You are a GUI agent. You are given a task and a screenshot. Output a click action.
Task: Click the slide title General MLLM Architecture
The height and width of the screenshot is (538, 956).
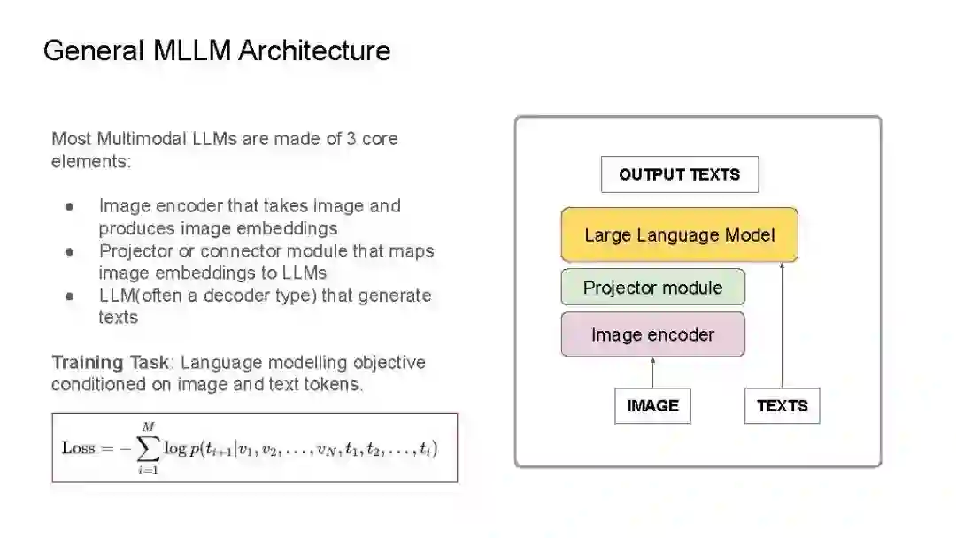tap(217, 50)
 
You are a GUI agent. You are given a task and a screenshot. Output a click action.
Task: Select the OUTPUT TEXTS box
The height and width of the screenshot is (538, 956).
tap(679, 174)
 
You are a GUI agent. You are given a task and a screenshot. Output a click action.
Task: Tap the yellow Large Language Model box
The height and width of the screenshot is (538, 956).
tap(679, 235)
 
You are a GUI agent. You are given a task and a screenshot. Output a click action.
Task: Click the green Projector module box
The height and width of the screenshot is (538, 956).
tap(652, 288)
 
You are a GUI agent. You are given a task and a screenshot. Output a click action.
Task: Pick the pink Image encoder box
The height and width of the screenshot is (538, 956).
tap(652, 334)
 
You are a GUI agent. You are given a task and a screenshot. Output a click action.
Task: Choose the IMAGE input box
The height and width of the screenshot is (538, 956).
tap(652, 406)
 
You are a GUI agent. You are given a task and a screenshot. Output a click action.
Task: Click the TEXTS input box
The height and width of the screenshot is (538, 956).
tap(782, 406)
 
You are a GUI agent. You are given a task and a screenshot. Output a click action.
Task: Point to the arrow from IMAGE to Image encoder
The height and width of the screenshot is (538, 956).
tap(652, 373)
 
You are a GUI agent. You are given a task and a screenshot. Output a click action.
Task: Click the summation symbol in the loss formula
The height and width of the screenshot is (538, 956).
tap(148, 449)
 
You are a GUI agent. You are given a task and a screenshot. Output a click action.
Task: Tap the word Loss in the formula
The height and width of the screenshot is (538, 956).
tap(78, 448)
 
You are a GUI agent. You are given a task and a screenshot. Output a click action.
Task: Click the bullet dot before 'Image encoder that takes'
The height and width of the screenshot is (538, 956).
tap(69, 207)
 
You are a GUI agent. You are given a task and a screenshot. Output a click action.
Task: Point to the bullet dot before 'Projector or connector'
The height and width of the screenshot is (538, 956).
tap(69, 252)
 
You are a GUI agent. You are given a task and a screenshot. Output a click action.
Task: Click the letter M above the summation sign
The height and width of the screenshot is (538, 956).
tap(148, 427)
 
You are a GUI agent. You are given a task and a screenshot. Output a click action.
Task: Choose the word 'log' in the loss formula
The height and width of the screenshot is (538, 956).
tap(174, 449)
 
